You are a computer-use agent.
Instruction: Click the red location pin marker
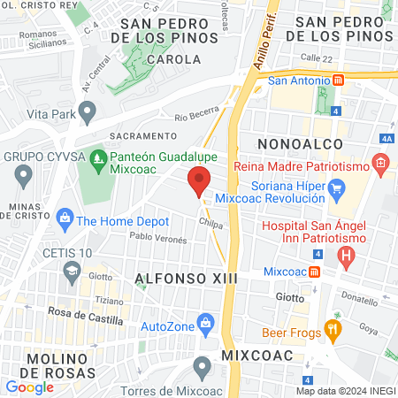tap(199, 180)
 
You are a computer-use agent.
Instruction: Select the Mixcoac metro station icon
tap(314, 272)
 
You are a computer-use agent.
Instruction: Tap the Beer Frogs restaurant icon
tap(333, 331)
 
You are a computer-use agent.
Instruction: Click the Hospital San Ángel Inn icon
tap(347, 258)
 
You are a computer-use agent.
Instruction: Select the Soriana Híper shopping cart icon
tap(336, 188)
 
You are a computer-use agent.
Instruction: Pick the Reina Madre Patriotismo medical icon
tap(380, 163)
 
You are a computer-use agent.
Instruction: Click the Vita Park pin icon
tap(87, 112)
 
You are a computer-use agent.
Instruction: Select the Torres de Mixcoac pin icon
tap(203, 364)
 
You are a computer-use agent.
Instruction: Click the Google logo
tap(29, 387)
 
